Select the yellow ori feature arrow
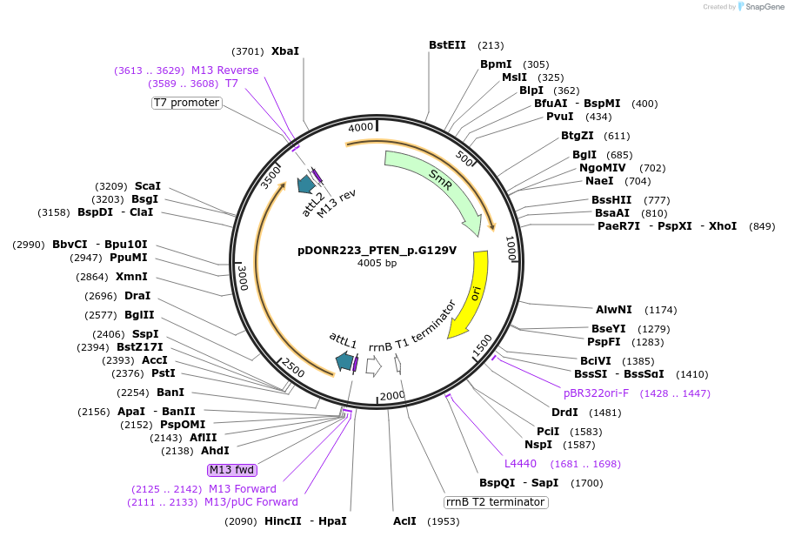(x=471, y=296)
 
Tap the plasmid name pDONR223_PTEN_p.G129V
(x=377, y=250)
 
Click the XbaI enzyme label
(x=285, y=51)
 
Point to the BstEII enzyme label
(x=447, y=45)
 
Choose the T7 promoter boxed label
(x=186, y=103)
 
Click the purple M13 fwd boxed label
(x=232, y=470)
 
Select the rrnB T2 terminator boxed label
(x=496, y=502)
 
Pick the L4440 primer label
(x=520, y=464)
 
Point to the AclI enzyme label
(x=404, y=521)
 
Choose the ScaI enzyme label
(x=148, y=186)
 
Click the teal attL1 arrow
(x=344, y=361)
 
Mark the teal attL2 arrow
(x=305, y=185)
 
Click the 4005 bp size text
(x=377, y=263)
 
